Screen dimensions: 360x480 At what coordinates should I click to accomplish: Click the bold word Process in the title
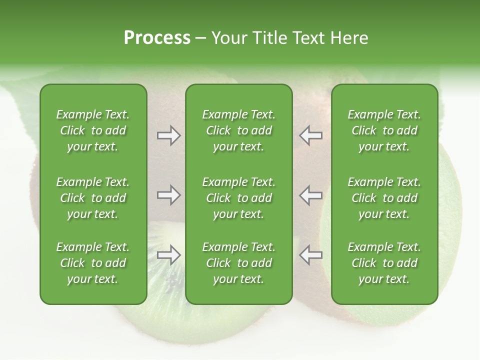pyautogui.click(x=157, y=38)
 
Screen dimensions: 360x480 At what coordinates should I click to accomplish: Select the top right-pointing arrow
pyautogui.click(x=169, y=135)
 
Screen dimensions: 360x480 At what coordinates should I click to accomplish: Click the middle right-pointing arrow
pyautogui.click(x=169, y=195)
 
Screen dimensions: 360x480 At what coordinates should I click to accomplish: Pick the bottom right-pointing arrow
pyautogui.click(x=169, y=255)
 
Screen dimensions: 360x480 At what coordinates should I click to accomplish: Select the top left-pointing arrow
pyautogui.click(x=310, y=135)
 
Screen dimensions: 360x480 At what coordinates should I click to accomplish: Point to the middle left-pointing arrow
pyautogui.click(x=310, y=195)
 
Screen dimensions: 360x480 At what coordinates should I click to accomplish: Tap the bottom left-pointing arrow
pyautogui.click(x=310, y=255)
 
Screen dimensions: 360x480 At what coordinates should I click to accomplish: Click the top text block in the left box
pyautogui.click(x=93, y=130)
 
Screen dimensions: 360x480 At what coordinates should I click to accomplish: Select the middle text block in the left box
pyautogui.click(x=93, y=198)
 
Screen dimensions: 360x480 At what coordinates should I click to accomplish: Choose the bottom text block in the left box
pyautogui.click(x=93, y=263)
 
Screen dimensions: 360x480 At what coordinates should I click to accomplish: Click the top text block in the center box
pyautogui.click(x=238, y=130)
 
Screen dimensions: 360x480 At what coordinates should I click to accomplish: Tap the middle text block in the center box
pyautogui.click(x=238, y=198)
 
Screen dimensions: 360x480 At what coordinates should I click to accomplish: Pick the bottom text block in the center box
pyautogui.click(x=238, y=263)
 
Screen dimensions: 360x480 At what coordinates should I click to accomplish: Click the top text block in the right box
pyautogui.click(x=384, y=130)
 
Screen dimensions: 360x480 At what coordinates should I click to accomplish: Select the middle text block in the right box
pyautogui.click(x=384, y=198)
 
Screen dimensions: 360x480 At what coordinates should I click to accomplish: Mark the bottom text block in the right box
pyautogui.click(x=384, y=263)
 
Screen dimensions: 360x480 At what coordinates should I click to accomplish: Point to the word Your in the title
pyautogui.click(x=228, y=38)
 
